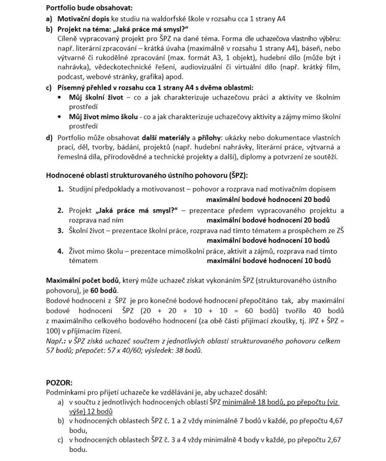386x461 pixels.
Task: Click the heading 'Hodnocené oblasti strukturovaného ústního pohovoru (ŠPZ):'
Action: tap(147, 175)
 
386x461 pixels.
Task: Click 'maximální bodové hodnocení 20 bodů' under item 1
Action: tap(269, 199)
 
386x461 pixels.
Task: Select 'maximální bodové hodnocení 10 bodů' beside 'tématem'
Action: tap(269, 261)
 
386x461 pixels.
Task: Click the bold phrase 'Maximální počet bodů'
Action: tap(82, 280)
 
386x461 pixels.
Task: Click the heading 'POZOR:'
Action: tap(59, 382)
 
